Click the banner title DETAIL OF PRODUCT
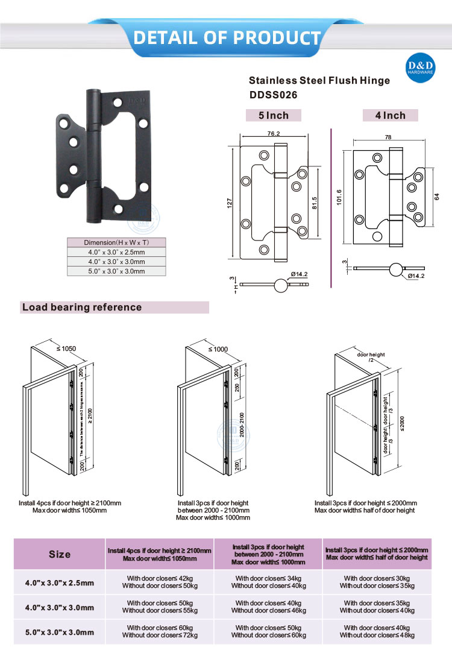[x=227, y=38]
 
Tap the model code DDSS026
[x=273, y=95]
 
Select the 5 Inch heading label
[x=274, y=115]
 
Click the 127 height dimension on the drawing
[x=230, y=203]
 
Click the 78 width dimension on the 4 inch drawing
[x=387, y=137]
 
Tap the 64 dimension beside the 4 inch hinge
[x=436, y=196]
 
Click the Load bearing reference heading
[x=82, y=307]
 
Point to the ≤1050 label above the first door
[x=66, y=348]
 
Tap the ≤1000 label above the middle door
[x=218, y=349]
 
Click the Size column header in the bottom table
[x=60, y=554]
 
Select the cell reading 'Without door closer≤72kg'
[x=160, y=635]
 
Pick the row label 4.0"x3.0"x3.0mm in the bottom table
[x=60, y=607]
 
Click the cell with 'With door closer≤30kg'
[x=377, y=578]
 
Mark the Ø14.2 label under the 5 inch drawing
[x=299, y=275]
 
